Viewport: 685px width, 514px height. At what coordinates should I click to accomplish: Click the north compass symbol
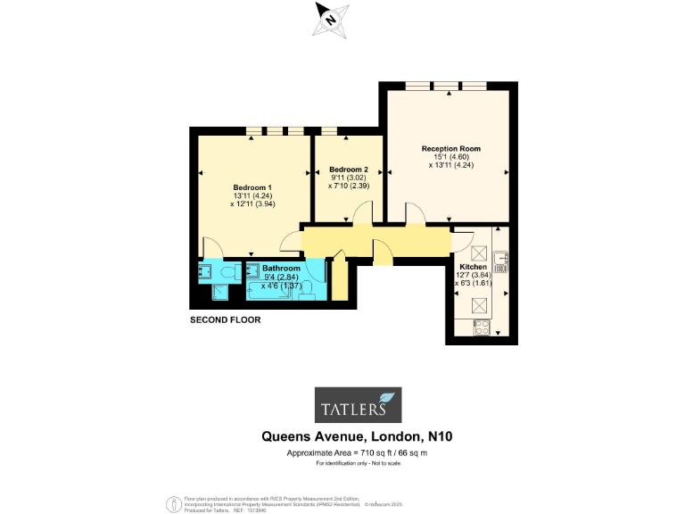pos(330,19)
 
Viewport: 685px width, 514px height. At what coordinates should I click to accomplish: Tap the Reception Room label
pos(451,148)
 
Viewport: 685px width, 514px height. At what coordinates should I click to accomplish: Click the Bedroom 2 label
pos(348,170)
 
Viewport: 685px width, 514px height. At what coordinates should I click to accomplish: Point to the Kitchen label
pos(473,267)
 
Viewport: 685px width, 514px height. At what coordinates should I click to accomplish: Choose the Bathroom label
pos(281,268)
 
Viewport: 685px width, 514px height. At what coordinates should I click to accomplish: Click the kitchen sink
pos(500,261)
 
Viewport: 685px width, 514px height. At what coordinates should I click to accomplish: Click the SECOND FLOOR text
pos(226,319)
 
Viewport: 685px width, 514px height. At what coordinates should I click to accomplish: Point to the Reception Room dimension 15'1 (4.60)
pos(451,156)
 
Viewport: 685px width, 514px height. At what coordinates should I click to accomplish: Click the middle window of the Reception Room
pos(446,85)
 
